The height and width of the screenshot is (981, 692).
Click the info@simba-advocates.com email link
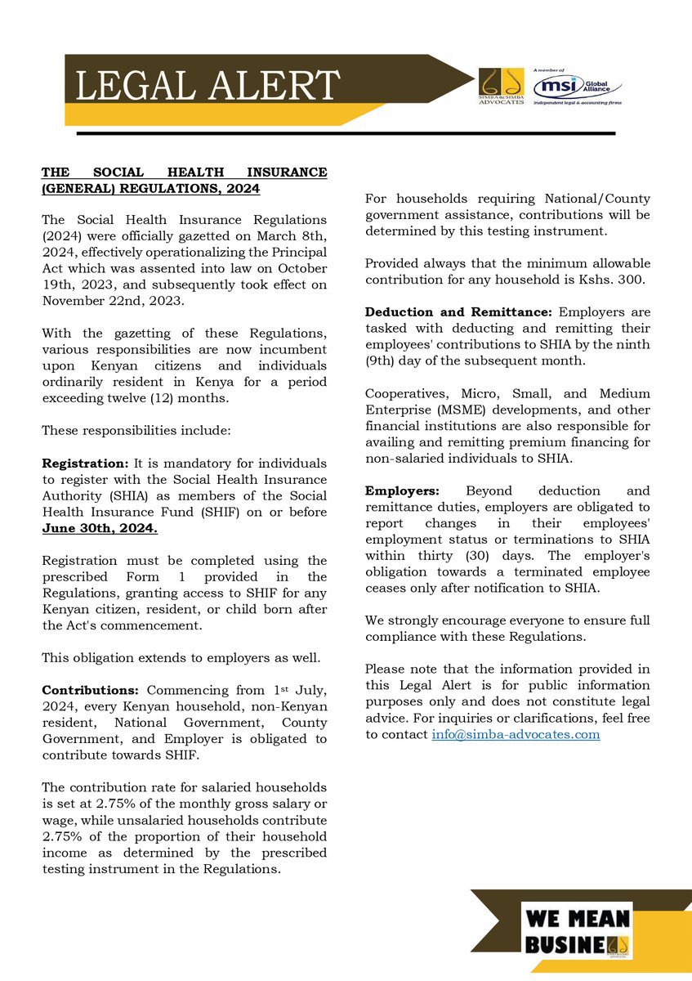516,734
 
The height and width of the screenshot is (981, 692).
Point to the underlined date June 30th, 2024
100,528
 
